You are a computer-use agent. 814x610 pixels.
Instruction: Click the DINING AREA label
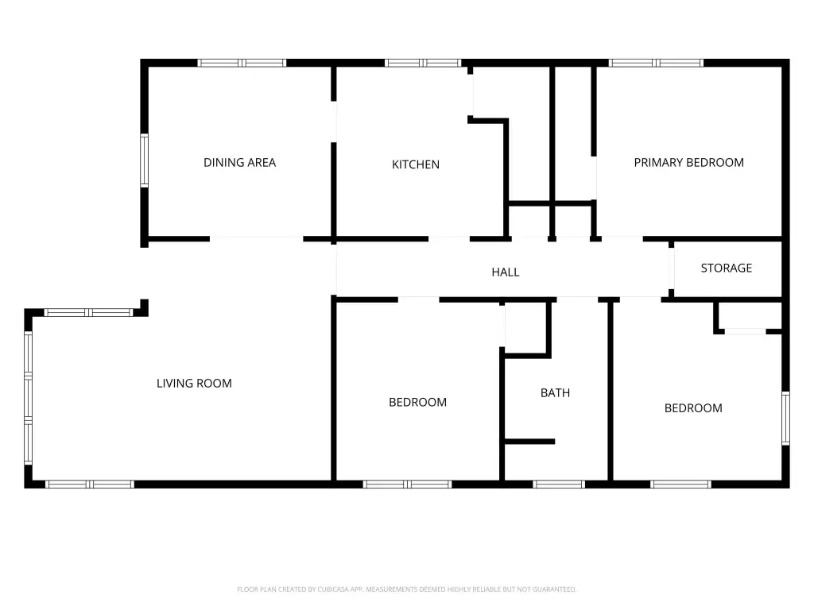coord(239,162)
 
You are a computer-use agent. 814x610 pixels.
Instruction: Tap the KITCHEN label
coord(415,164)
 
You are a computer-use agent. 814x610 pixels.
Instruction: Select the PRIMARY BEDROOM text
coord(689,162)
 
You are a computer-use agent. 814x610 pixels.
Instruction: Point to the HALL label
coord(506,272)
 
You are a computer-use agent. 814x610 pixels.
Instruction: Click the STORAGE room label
coord(727,268)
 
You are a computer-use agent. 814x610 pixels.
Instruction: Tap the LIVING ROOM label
coord(194,384)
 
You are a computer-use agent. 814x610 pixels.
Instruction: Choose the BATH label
coord(555,392)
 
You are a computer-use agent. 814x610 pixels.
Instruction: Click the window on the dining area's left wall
coord(145,160)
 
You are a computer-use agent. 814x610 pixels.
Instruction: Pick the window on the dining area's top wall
coord(242,63)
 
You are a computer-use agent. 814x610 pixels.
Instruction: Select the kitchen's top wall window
coord(423,63)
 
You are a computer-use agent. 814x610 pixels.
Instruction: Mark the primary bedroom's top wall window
coord(656,63)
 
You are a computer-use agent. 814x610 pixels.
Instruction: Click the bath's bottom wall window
coord(559,485)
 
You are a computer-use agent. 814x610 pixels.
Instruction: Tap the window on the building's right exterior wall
coord(786,418)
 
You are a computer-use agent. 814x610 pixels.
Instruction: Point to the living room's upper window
coord(89,312)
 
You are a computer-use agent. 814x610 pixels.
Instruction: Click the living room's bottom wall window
coord(90,485)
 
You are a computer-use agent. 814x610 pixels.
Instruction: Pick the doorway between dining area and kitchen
coord(334,122)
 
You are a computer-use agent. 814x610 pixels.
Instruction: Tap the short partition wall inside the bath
coord(529,442)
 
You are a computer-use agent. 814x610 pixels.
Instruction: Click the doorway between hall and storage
coord(671,268)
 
